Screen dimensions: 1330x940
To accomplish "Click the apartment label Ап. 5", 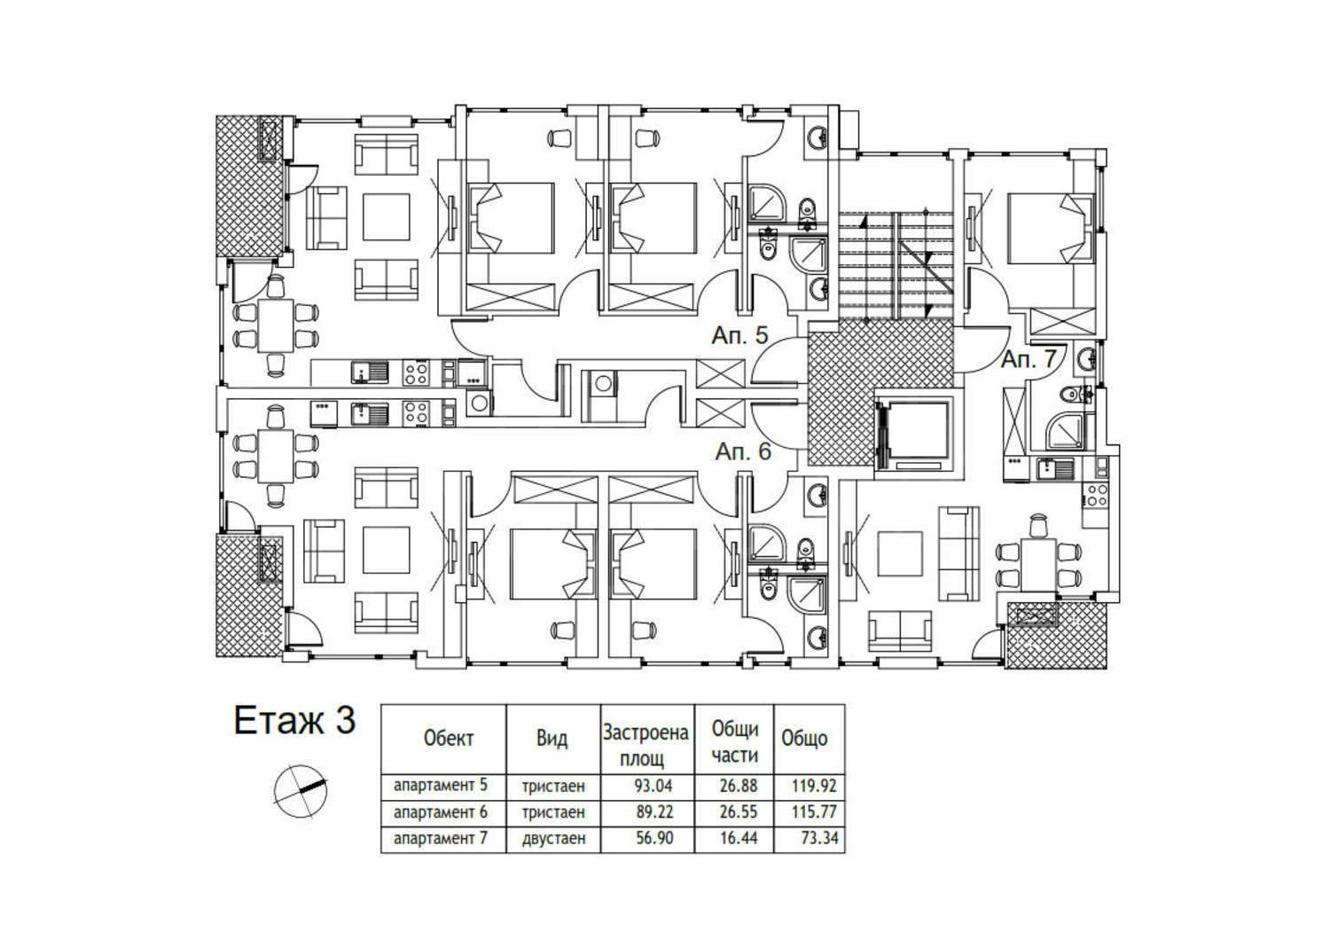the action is pyautogui.click(x=739, y=336).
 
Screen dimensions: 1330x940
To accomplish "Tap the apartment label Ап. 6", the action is pyautogui.click(x=743, y=452).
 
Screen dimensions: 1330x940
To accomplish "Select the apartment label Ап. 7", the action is pyautogui.click(x=1029, y=359).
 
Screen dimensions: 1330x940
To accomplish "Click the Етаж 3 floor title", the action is pyautogui.click(x=294, y=720).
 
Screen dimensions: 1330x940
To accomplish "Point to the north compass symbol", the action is pyautogui.click(x=301, y=791).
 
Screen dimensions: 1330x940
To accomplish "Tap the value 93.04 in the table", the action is pyautogui.click(x=653, y=786).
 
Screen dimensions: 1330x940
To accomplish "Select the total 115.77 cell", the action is pyautogui.click(x=814, y=811).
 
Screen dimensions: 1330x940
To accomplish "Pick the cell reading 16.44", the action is pyautogui.click(x=739, y=838).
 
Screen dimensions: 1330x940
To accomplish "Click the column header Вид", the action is pyautogui.click(x=552, y=738).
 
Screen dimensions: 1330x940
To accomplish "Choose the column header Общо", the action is pyautogui.click(x=804, y=738).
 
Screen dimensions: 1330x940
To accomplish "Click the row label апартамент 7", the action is pyautogui.click(x=440, y=838).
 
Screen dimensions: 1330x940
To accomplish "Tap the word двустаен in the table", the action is pyautogui.click(x=553, y=838).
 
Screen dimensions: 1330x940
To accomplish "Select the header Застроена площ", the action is pyautogui.click(x=645, y=746).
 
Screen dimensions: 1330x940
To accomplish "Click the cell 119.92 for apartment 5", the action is pyautogui.click(x=814, y=786).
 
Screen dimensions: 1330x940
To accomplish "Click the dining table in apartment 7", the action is pyautogui.click(x=1037, y=564).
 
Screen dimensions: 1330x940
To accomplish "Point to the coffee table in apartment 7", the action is pyautogui.click(x=900, y=553).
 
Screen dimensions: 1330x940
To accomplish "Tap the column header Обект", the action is pyautogui.click(x=449, y=738).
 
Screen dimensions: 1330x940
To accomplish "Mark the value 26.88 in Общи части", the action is pyautogui.click(x=739, y=786).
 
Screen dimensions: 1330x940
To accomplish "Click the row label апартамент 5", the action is pyautogui.click(x=440, y=786).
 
